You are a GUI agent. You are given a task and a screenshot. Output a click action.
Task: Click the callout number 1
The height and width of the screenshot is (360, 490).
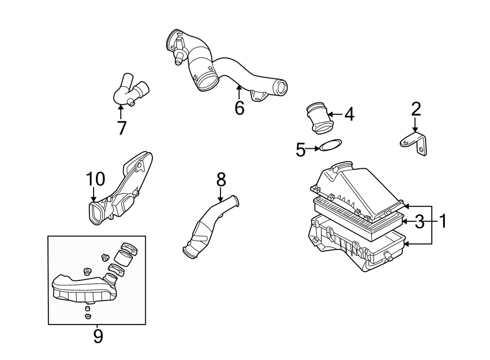coord(443,221)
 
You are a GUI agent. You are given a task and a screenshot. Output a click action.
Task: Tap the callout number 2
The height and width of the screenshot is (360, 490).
coord(416,109)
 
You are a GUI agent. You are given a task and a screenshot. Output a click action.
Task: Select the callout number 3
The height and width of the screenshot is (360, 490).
coord(419,222)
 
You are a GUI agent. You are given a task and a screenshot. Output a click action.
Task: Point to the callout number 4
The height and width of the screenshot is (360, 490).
coord(348,114)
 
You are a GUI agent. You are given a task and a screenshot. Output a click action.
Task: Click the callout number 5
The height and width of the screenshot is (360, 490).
coord(301,149)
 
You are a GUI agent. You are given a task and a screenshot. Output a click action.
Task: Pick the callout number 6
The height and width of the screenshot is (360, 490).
coord(240,108)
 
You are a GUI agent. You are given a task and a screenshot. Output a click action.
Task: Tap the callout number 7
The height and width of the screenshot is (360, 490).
coord(121,128)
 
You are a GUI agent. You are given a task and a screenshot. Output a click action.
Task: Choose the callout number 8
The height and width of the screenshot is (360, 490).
coord(220,178)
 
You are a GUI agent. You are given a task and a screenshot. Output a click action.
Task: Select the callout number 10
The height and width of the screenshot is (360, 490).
coord(94,178)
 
